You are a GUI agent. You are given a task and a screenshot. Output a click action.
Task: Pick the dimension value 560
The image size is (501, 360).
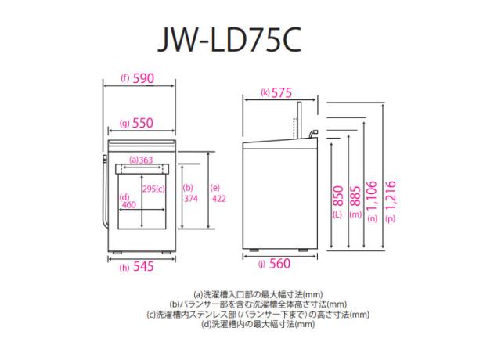[279, 264]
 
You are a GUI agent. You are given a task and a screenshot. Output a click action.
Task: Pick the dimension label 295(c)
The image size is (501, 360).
[153, 189]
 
